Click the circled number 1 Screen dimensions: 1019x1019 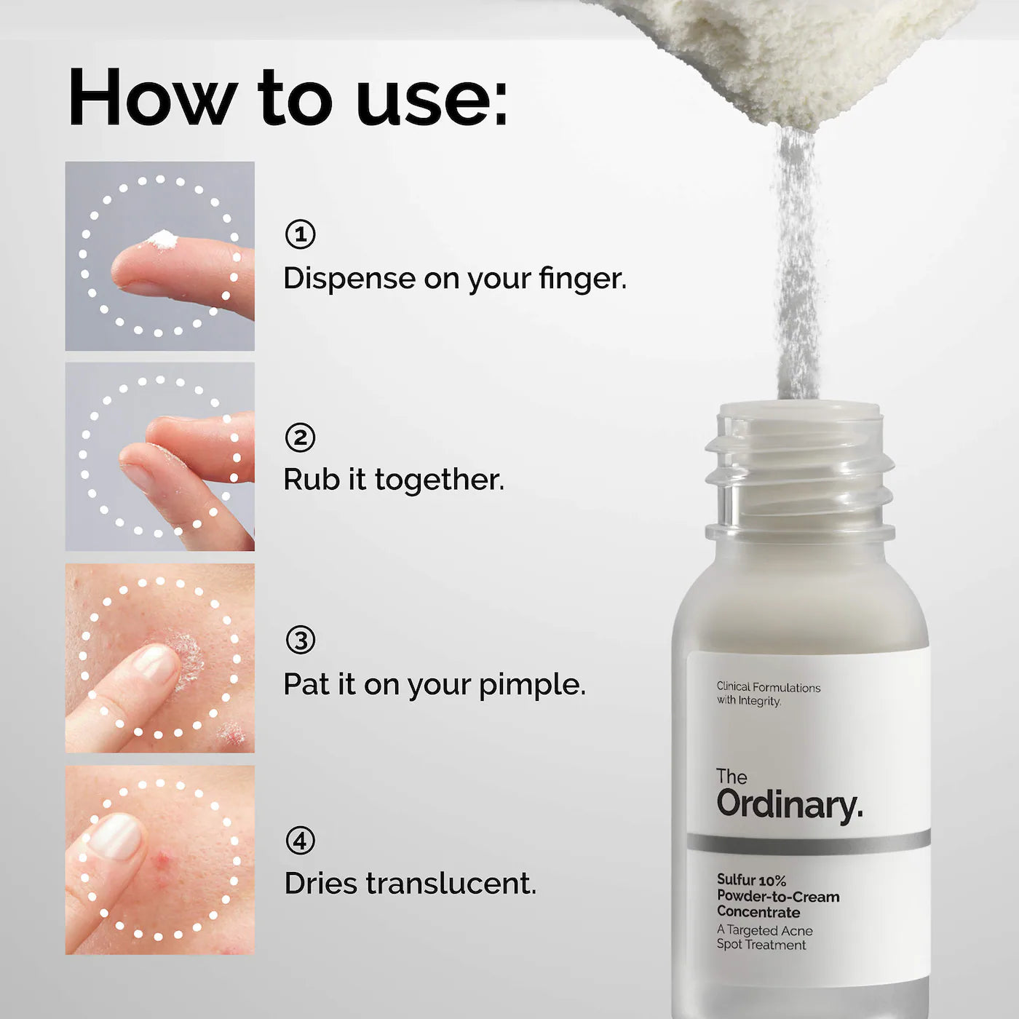(x=300, y=234)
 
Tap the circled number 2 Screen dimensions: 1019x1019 (x=300, y=438)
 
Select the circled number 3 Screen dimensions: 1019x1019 (x=300, y=641)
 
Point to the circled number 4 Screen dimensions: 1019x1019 (x=300, y=841)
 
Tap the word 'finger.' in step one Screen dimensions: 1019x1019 (x=582, y=279)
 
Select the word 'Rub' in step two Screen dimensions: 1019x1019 (x=312, y=480)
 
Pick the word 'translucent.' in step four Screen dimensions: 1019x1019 (x=451, y=884)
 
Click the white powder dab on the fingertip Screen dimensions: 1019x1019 (x=162, y=239)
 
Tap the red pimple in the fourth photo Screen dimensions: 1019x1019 (x=163, y=863)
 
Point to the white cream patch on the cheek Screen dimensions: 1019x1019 (x=188, y=655)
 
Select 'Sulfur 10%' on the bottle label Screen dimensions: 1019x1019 (x=751, y=880)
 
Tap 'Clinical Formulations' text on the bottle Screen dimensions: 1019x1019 (x=768, y=687)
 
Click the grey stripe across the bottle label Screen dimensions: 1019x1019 (x=808, y=842)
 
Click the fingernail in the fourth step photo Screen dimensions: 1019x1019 (x=115, y=836)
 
